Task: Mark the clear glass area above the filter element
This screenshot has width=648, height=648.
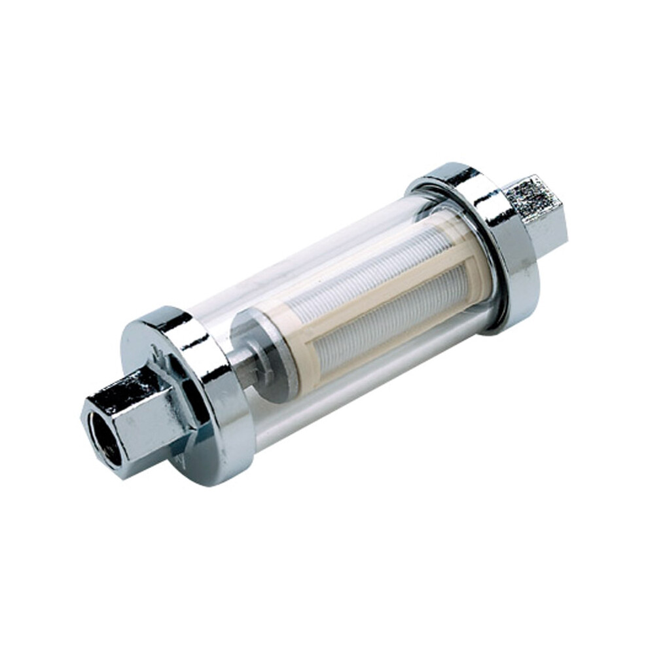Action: [x=295, y=268]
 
